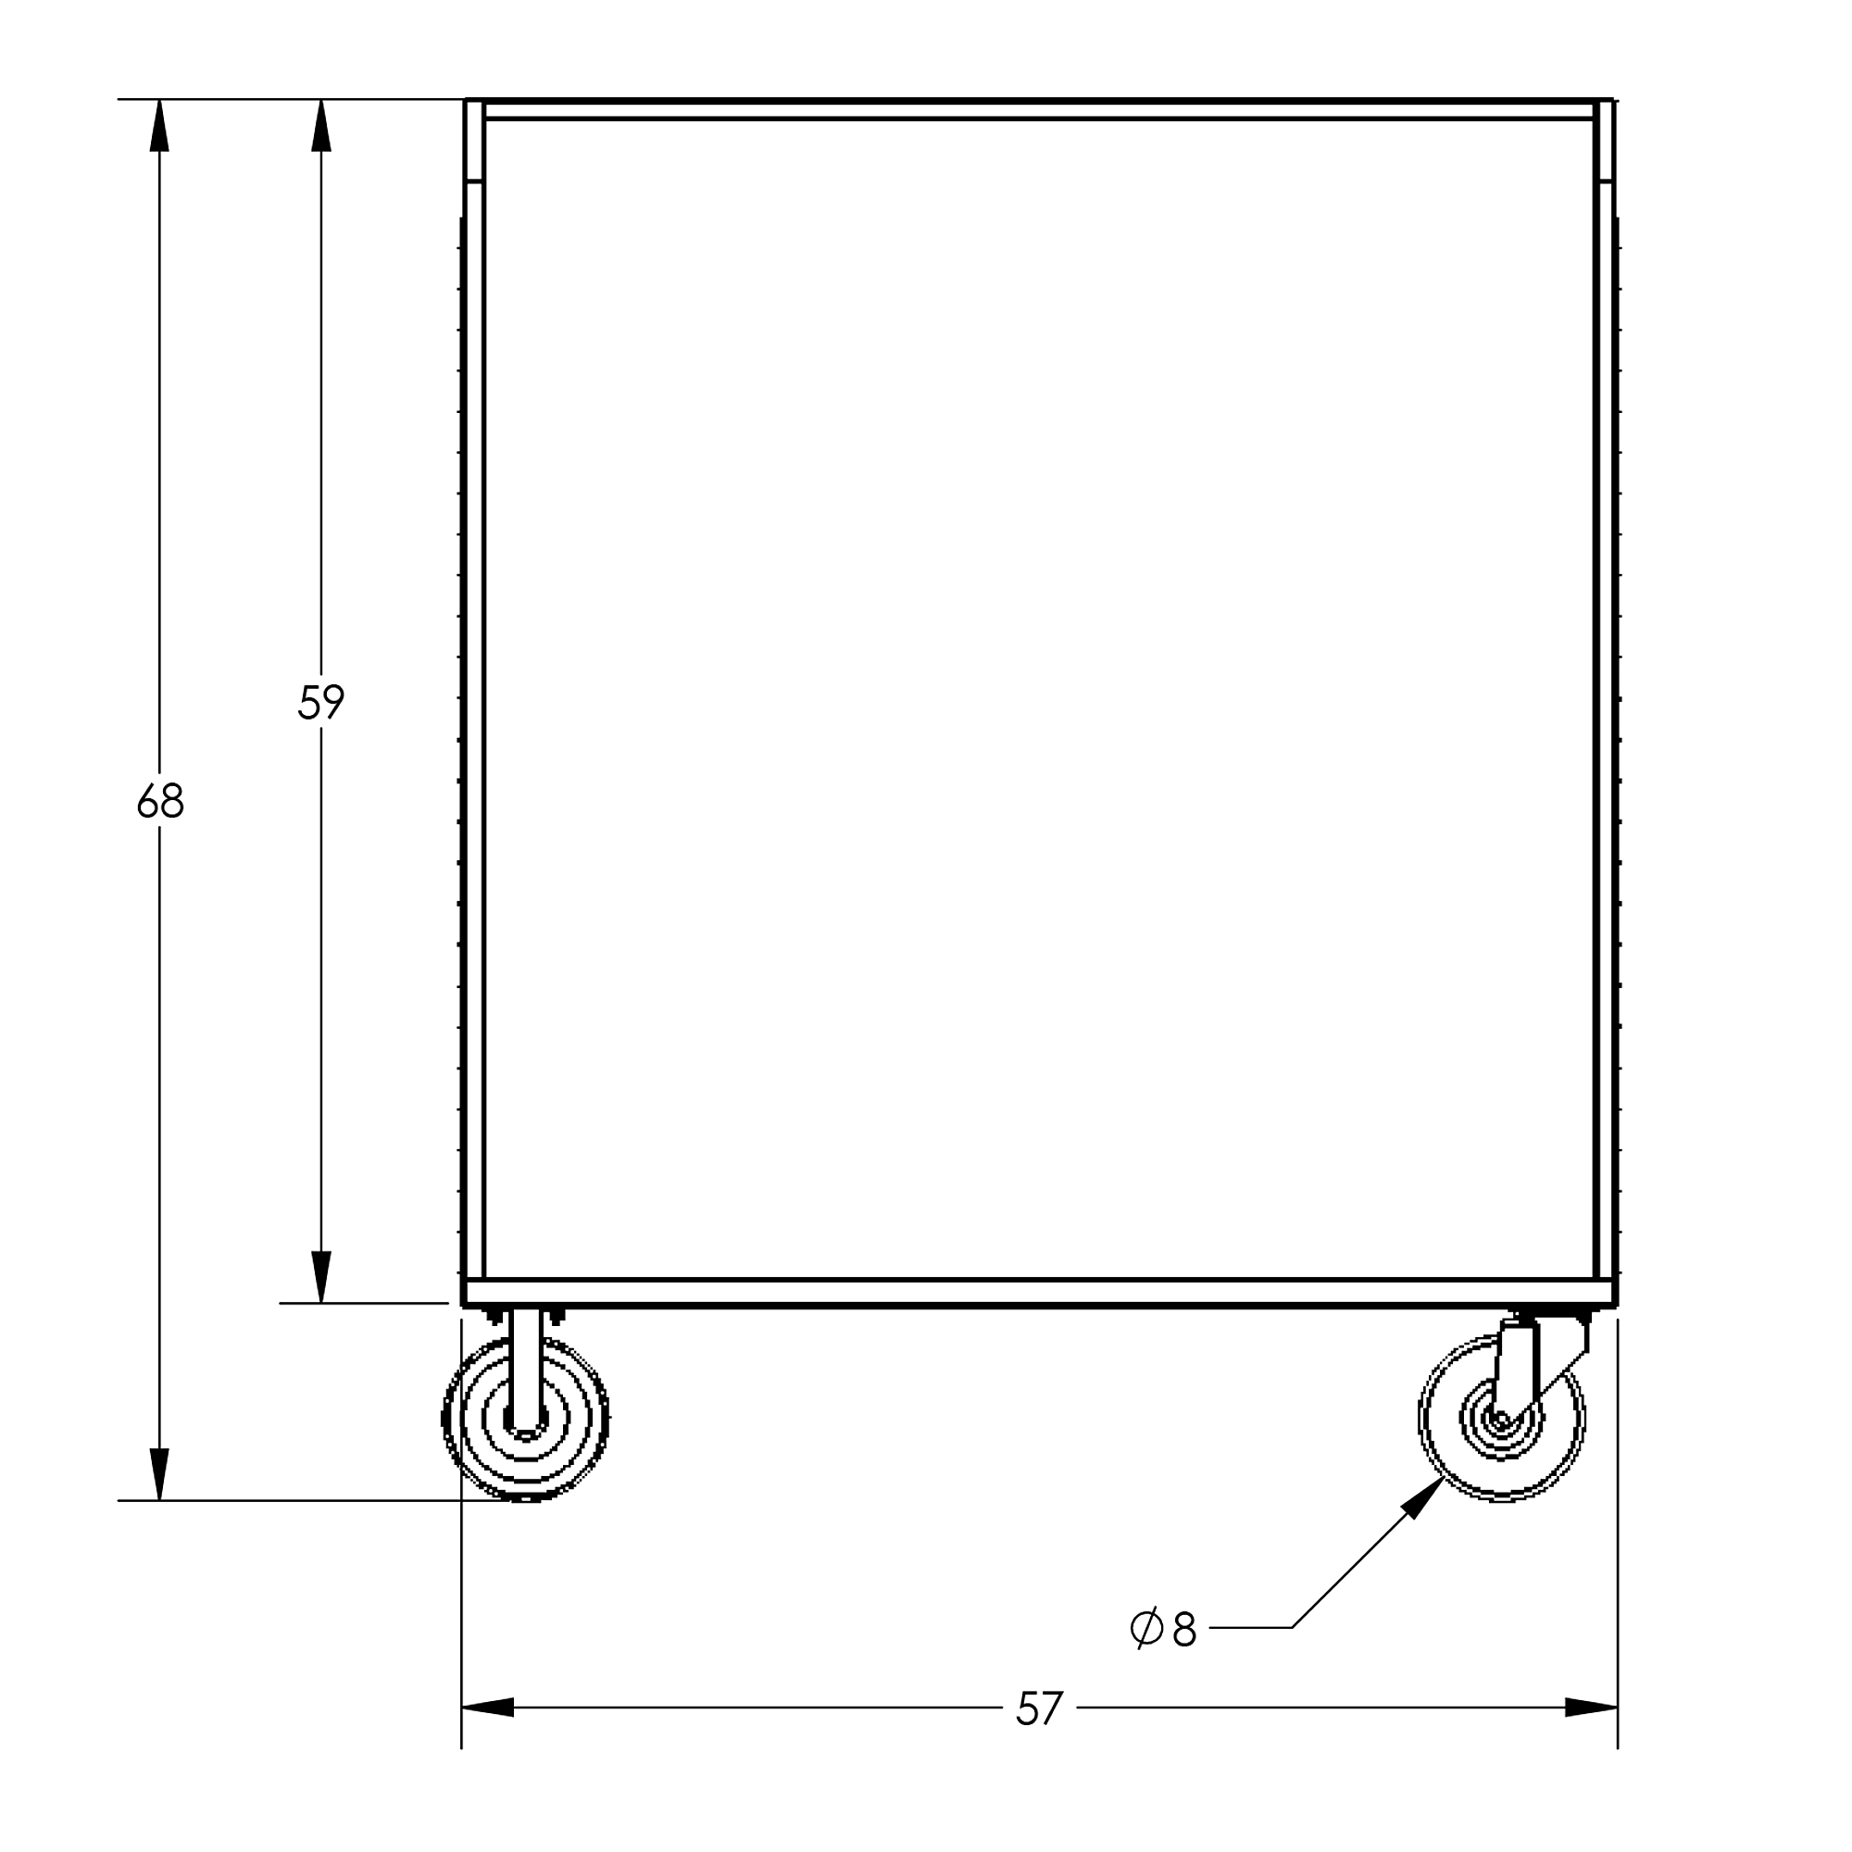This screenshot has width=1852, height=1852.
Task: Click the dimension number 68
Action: click(160, 801)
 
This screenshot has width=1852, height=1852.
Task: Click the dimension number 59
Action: click(321, 702)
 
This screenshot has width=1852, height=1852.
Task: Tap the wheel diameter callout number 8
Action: click(1185, 1629)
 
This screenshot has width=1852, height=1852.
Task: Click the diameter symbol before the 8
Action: click(1146, 1628)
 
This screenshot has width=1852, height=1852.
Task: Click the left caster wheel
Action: click(525, 1418)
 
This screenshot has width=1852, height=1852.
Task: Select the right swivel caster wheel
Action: click(1501, 1418)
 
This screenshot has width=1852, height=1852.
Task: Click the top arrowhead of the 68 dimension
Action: click(159, 125)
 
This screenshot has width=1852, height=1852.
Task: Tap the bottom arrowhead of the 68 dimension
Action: click(159, 1474)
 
